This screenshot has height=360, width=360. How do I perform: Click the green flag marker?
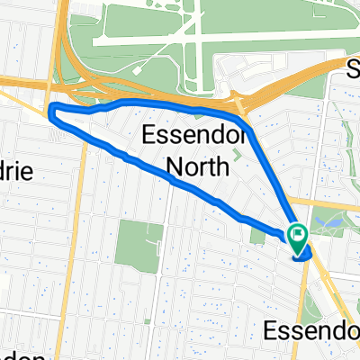(x=297, y=237)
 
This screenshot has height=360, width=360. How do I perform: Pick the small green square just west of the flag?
(x=277, y=236)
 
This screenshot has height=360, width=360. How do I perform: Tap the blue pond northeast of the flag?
(x=326, y=219)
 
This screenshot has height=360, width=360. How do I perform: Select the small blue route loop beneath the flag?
(x=303, y=256)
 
